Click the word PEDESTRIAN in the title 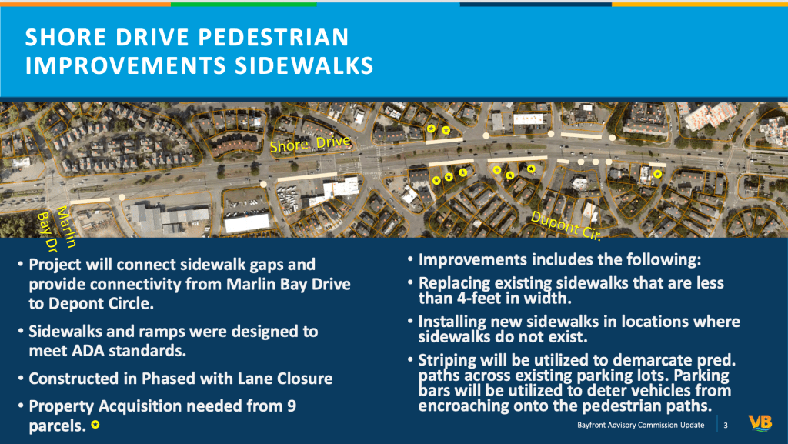pyautogui.click(x=273, y=37)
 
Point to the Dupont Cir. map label pyautogui.click(x=566, y=225)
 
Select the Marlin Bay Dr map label pyautogui.click(x=56, y=228)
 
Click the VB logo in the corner pyautogui.click(x=760, y=423)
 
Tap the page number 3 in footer pyautogui.click(x=725, y=426)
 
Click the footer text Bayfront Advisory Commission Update pyautogui.click(x=640, y=426)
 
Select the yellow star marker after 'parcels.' pyautogui.click(x=95, y=425)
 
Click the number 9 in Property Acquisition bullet pyautogui.click(x=292, y=406)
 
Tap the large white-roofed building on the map pyautogui.click(x=246, y=222)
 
